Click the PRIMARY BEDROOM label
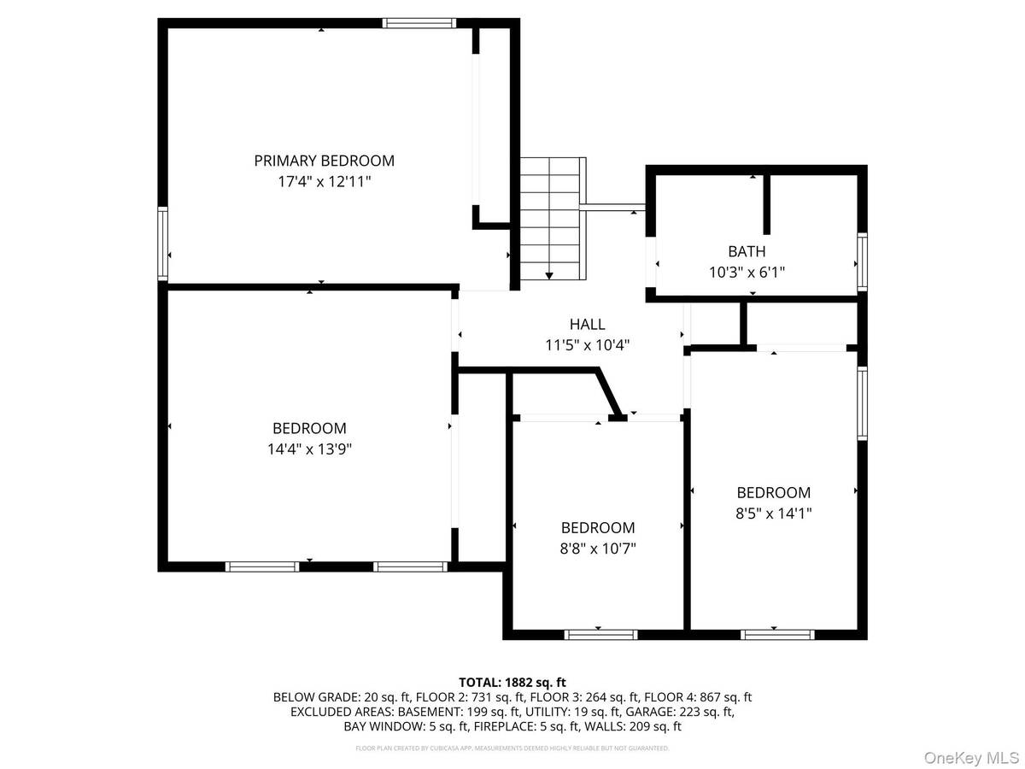pyautogui.click(x=324, y=161)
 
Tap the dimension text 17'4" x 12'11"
pyautogui.click(x=324, y=182)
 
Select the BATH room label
pyautogui.click(x=747, y=251)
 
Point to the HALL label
pyautogui.click(x=587, y=324)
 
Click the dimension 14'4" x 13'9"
pyautogui.click(x=309, y=449)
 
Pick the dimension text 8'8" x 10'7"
pyautogui.click(x=598, y=549)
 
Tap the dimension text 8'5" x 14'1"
pyautogui.click(x=773, y=514)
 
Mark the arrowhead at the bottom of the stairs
pyautogui.click(x=549, y=275)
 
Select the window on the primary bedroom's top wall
pyautogui.click(x=419, y=23)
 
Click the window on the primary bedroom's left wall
pyautogui.click(x=162, y=244)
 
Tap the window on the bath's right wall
pyautogui.click(x=862, y=261)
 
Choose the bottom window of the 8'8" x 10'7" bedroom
pyautogui.click(x=600, y=634)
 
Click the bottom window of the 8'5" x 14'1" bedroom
pyautogui.click(x=777, y=634)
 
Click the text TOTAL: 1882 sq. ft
pyautogui.click(x=512, y=682)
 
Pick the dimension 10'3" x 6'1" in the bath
pyautogui.click(x=747, y=273)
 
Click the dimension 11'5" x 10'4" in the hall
pyautogui.click(x=587, y=345)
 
